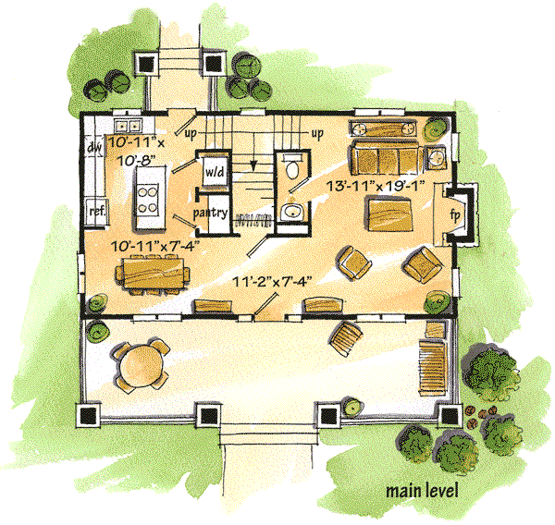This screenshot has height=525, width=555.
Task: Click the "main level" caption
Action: coord(422,491)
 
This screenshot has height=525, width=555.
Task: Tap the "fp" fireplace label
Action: coord(455,214)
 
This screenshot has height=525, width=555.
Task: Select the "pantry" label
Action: coord(210,214)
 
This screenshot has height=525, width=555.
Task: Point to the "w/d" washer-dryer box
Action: coord(215,171)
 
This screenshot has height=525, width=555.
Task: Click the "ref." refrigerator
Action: coord(97,212)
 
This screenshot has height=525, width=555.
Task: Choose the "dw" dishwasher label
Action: coord(94,146)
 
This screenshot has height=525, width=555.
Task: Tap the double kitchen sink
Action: coord(129,125)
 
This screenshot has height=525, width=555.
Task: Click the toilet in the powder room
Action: coord(292,166)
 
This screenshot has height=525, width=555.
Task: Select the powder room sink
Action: coord(291,212)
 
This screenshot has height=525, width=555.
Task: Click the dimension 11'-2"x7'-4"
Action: coord(272,282)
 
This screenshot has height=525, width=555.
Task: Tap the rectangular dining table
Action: coord(154,272)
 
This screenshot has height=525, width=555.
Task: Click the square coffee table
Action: coord(389,215)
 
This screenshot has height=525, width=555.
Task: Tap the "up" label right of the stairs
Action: coord(317,134)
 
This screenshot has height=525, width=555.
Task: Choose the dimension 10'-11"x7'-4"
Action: coord(153,246)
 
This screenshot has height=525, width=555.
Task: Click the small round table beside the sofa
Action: coord(436,155)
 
